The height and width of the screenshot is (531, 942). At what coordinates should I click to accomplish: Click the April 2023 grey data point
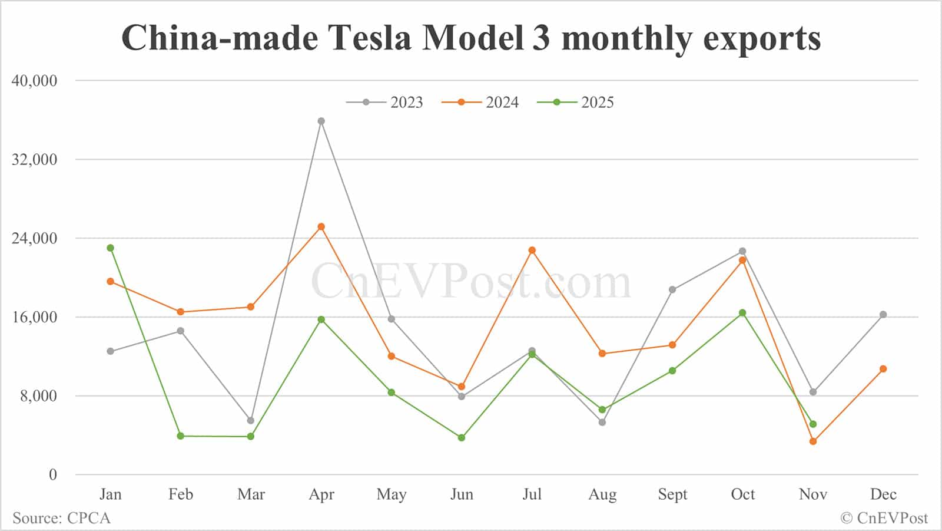321,121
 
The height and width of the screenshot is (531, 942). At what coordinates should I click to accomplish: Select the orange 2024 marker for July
532,250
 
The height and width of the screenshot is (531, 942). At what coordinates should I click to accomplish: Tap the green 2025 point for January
111,248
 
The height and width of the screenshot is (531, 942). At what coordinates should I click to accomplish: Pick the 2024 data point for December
883,369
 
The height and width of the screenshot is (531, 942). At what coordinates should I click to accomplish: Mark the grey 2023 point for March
251,421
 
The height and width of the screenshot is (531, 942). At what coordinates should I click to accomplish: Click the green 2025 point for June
462,438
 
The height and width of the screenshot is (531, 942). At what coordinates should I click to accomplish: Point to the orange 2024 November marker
813,441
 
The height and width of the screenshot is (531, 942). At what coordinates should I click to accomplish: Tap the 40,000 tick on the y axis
35,81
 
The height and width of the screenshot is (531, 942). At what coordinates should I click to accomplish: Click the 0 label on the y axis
53,475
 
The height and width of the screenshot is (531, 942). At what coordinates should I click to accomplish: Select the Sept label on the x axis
672,494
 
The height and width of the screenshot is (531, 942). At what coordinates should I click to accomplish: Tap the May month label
392,494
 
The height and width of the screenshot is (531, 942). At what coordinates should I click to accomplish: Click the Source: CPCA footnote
62,518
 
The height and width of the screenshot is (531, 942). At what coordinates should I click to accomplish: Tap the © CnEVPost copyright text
884,518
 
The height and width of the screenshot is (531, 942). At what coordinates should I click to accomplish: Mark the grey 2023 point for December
883,315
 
